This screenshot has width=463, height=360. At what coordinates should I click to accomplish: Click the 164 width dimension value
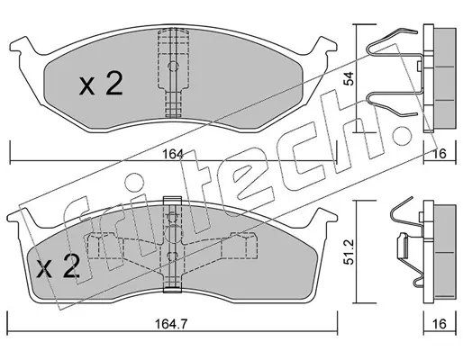tap(173, 154)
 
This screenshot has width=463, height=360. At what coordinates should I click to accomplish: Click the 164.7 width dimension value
tap(171, 324)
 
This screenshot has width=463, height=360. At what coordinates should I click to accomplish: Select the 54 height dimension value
tap(350, 78)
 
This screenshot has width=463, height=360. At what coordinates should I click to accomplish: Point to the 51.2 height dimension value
tap(350, 252)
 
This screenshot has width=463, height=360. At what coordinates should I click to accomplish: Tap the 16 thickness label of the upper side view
tap(440, 154)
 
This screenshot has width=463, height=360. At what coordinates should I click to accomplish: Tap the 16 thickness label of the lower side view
tap(440, 324)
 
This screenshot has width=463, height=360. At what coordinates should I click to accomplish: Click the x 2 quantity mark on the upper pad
tap(101, 85)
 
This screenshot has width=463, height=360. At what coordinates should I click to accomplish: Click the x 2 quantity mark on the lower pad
tap(58, 265)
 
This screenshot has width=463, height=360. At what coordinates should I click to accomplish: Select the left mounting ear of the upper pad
tap(21, 47)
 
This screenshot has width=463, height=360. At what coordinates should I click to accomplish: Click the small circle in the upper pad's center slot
tap(173, 66)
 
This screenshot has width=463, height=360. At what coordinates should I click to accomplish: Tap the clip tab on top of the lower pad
tap(172, 201)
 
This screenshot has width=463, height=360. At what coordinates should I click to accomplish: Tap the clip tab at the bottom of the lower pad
tap(172, 290)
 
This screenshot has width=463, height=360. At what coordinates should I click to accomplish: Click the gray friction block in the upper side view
tap(445, 78)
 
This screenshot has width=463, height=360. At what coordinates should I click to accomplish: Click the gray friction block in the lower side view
tap(445, 252)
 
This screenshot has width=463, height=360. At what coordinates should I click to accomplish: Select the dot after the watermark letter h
tap(402, 135)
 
